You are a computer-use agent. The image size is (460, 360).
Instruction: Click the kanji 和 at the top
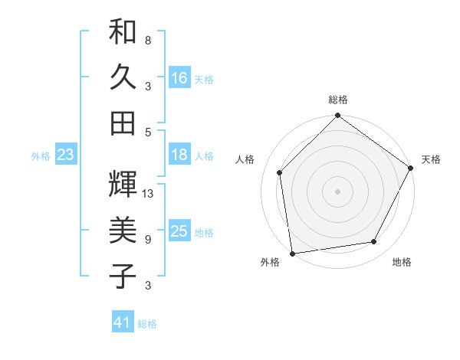(x=123, y=31)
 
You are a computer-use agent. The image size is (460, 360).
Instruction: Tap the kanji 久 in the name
(x=123, y=77)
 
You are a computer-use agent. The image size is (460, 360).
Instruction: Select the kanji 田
(x=123, y=123)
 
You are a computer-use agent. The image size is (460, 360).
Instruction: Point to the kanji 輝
(x=123, y=184)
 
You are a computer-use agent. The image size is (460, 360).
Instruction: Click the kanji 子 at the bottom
(x=123, y=275)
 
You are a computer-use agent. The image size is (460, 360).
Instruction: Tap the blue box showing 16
(x=179, y=77)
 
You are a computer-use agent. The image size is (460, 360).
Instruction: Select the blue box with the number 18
(x=179, y=155)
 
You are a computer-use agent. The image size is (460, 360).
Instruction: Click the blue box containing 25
(x=179, y=231)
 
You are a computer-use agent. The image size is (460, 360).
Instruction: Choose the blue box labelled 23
(x=65, y=155)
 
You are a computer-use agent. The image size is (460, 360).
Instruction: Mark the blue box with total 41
(x=123, y=322)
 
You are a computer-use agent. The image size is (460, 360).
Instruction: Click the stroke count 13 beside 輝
(x=149, y=194)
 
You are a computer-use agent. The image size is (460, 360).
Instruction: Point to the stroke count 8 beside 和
(x=148, y=40)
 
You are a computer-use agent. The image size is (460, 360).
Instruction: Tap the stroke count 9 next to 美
(x=148, y=240)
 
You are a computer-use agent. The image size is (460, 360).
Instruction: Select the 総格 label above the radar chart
(x=338, y=100)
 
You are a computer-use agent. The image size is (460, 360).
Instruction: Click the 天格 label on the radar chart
(x=432, y=159)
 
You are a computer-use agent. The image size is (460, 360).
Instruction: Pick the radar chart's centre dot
(x=337, y=191)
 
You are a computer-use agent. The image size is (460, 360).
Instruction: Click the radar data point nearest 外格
(x=292, y=253)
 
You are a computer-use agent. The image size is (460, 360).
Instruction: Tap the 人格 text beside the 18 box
(x=204, y=155)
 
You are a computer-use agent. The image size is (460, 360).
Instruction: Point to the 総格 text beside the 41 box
(x=147, y=324)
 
